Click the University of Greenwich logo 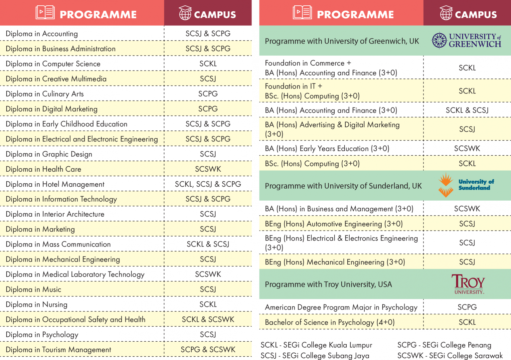tap(466, 40)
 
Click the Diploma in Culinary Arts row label tap(45, 94)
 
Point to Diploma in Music tap(33, 289)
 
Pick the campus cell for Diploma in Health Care tap(208, 169)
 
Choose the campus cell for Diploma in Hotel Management tap(208, 184)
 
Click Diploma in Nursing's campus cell tap(208, 304)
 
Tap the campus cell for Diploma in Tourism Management tap(208, 349)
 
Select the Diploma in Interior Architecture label tap(55, 214)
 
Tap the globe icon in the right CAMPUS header tap(446, 13)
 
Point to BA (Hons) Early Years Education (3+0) tap(327, 148)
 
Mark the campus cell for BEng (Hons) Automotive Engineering tap(467, 224)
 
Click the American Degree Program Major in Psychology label tap(341, 307)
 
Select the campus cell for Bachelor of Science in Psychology tap(467, 322)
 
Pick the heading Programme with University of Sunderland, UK tap(343, 186)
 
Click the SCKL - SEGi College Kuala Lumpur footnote tap(316, 345)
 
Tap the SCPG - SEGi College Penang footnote tap(444, 345)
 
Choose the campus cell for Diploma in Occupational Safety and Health tap(208, 319)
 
